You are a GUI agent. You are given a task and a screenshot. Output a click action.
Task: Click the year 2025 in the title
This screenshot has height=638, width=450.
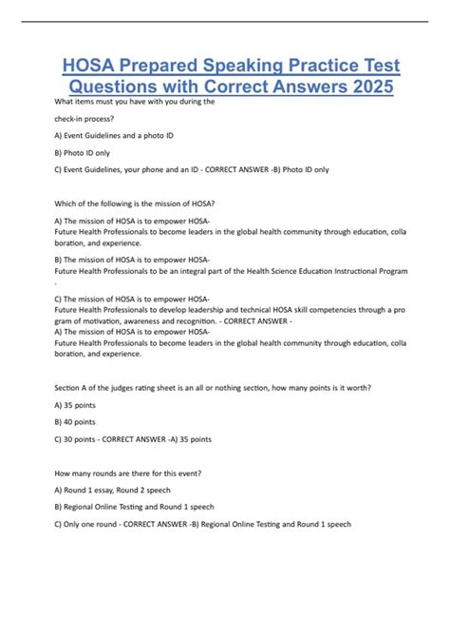click(366, 87)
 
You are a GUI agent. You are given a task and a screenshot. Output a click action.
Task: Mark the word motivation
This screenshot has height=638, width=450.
click(112, 319)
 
